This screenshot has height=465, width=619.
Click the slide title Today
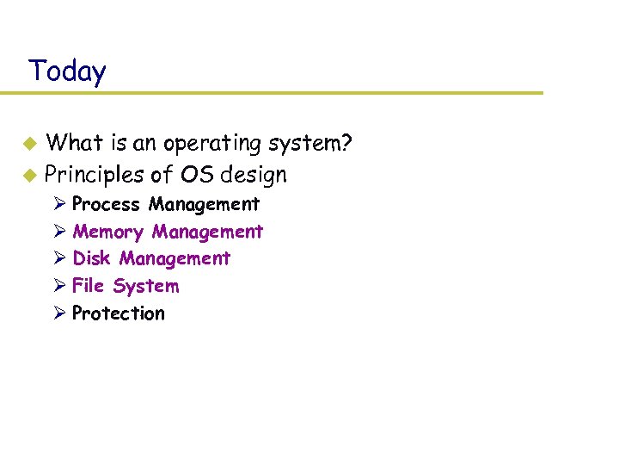click(x=67, y=71)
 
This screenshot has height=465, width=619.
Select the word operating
click(x=205, y=143)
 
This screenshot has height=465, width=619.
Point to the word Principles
click(x=94, y=175)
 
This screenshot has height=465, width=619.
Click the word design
click(x=254, y=175)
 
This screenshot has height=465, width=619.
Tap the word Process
click(x=106, y=204)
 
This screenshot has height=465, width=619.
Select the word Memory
click(x=107, y=232)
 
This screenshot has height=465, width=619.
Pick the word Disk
click(x=91, y=258)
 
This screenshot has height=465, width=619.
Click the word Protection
click(x=118, y=313)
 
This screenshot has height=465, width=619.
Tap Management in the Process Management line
click(x=204, y=204)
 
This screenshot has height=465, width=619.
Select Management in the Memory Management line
click(x=207, y=232)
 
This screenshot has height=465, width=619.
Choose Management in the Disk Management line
click(x=175, y=258)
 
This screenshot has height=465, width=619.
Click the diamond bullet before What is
click(x=29, y=143)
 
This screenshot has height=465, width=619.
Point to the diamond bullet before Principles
click(x=29, y=176)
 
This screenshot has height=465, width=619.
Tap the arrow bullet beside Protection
click(x=58, y=313)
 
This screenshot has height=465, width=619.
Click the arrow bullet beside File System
click(x=58, y=286)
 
